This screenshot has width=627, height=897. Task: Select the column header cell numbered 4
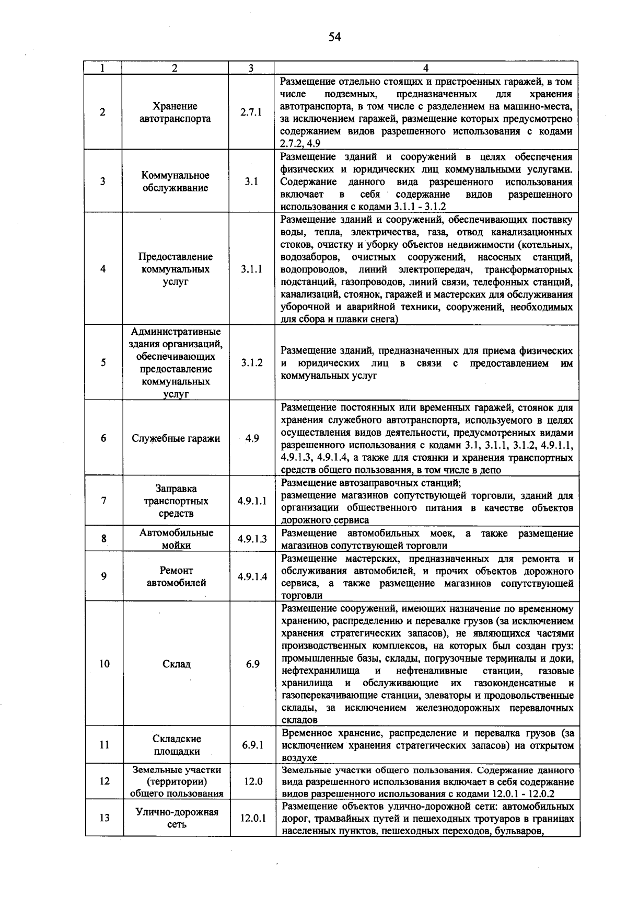pyautogui.click(x=426, y=68)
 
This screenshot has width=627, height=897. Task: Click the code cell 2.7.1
pyautogui.click(x=251, y=112)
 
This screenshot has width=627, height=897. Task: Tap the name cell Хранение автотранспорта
pyautogui.click(x=175, y=112)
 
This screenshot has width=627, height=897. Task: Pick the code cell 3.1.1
pyautogui.click(x=251, y=269)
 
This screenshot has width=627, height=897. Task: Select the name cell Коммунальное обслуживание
pyautogui.click(x=175, y=181)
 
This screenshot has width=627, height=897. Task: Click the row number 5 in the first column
pyautogui.click(x=103, y=362)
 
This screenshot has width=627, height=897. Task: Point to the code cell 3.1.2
pyautogui.click(x=251, y=362)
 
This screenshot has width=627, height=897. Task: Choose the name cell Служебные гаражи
pyautogui.click(x=175, y=438)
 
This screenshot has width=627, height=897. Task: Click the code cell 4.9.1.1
pyautogui.click(x=251, y=501)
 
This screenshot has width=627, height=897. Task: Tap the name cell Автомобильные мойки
pyautogui.click(x=176, y=539)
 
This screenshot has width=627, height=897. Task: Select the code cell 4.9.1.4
pyautogui.click(x=252, y=576)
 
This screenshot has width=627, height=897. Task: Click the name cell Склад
pyautogui.click(x=176, y=664)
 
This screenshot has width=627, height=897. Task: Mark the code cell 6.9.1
pyautogui.click(x=252, y=745)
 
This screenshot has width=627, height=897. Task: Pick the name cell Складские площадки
pyautogui.click(x=176, y=745)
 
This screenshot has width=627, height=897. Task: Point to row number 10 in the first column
pyautogui.click(x=104, y=664)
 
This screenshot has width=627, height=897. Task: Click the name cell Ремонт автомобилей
pyautogui.click(x=176, y=576)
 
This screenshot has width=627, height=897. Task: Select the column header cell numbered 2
pyautogui.click(x=175, y=68)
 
